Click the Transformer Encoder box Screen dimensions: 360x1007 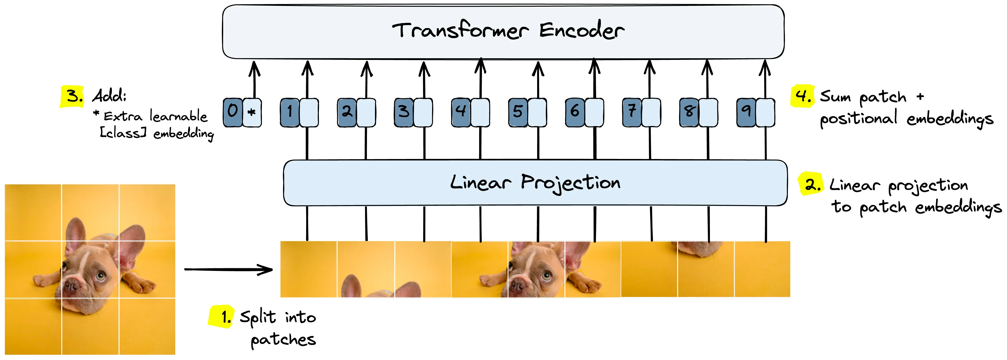click(503, 31)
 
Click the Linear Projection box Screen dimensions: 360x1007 click(535, 182)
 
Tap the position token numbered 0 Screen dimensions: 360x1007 click(233, 112)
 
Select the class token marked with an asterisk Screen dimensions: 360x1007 click(252, 112)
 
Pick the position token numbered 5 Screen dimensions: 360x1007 click(518, 112)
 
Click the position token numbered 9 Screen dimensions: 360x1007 click(746, 112)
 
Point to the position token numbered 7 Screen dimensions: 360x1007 click(632, 112)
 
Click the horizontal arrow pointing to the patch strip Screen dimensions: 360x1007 click(228, 269)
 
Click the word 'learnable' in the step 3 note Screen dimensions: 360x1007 click(179, 116)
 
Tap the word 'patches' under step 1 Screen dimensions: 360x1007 click(283, 340)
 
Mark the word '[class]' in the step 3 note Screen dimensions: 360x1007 click(123, 133)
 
